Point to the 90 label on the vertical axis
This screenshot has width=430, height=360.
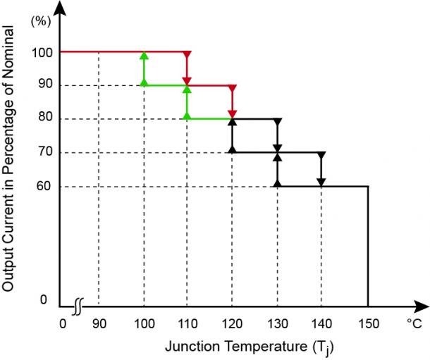[42, 86]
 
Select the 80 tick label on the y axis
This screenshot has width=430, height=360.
[42, 119]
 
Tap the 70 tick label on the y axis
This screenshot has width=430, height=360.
[42, 153]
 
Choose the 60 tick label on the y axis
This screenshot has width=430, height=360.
[42, 187]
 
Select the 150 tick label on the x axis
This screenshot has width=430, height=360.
[367, 324]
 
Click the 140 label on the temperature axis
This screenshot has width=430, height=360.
[321, 324]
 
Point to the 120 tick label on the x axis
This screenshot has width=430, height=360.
[232, 324]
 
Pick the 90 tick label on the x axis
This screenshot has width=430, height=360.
[98, 324]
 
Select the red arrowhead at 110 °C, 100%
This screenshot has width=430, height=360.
[187, 56]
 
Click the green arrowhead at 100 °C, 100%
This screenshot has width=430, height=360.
[144, 56]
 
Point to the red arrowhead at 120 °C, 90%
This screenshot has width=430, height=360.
[232, 89]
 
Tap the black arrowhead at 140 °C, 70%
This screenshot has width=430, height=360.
[321, 156]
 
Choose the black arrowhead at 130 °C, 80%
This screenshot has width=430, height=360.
[277, 123]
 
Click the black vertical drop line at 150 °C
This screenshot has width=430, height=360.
[368, 247]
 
